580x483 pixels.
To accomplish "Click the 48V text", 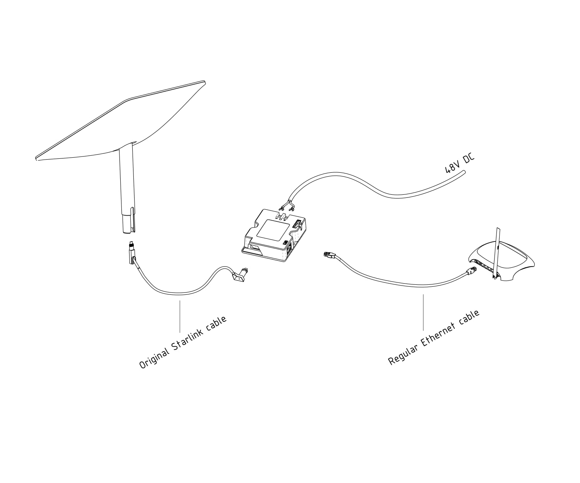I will click(x=451, y=167).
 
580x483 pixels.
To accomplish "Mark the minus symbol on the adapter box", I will click(x=276, y=218).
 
